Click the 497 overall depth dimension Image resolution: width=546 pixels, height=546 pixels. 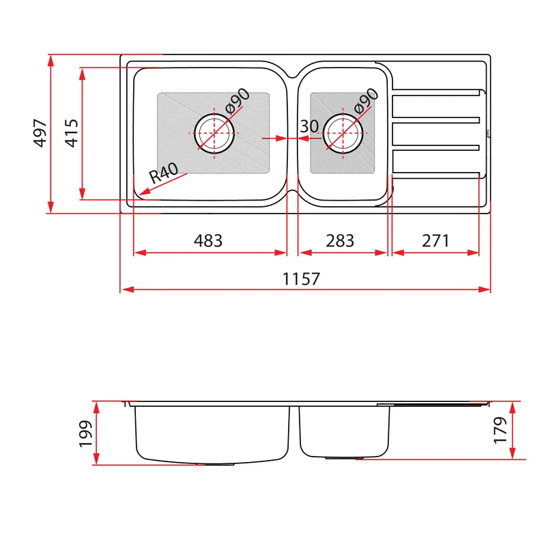click(x=40, y=133)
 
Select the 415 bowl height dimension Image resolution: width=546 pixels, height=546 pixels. click(x=72, y=133)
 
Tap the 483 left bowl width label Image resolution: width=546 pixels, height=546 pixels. click(x=208, y=241)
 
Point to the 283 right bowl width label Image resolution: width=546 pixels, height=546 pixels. click(x=340, y=241)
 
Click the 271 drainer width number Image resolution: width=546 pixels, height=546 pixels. click(x=435, y=241)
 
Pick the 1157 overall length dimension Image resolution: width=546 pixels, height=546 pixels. click(x=301, y=279)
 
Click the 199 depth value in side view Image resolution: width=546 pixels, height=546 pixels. click(x=85, y=433)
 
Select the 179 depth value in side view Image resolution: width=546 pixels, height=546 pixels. click(x=500, y=430)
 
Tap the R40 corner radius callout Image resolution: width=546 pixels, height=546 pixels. click(x=164, y=173)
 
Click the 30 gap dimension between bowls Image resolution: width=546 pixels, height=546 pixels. click(x=309, y=126)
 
